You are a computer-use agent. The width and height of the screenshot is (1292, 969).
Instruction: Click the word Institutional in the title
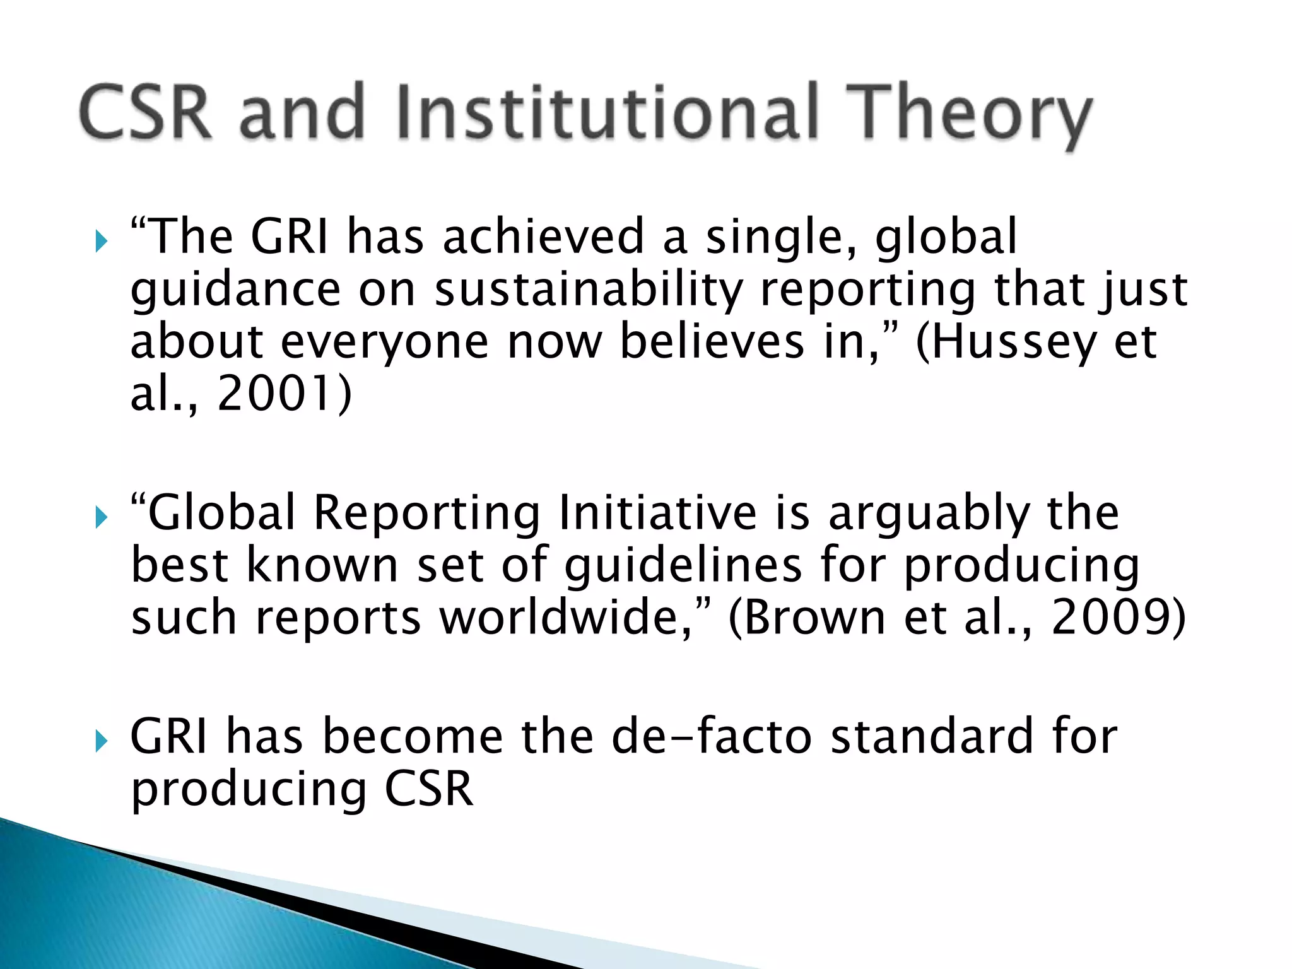(x=609, y=112)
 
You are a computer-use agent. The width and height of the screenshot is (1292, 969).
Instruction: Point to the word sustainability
(x=589, y=290)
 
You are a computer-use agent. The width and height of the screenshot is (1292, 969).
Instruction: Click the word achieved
(x=543, y=237)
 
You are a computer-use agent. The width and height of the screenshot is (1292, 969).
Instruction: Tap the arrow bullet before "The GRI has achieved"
(x=101, y=240)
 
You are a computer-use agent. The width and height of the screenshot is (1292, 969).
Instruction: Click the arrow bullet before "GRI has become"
(x=101, y=741)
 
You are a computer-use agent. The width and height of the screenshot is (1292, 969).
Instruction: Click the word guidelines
(x=683, y=565)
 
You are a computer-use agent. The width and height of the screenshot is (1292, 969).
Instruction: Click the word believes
(x=712, y=343)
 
